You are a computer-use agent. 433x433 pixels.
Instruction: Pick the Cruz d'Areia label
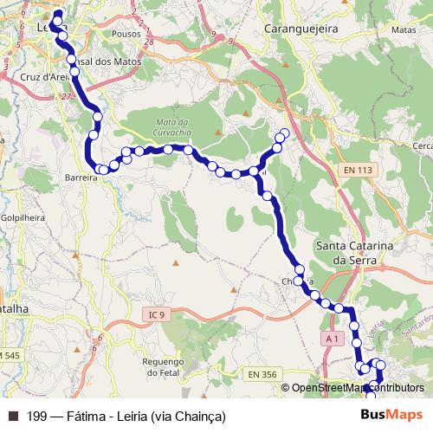pos(39,77)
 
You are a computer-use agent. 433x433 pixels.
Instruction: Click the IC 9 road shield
pos(156,315)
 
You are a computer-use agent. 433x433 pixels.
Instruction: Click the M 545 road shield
pos(10,355)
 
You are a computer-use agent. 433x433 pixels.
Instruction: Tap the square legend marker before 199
pos(12,417)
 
